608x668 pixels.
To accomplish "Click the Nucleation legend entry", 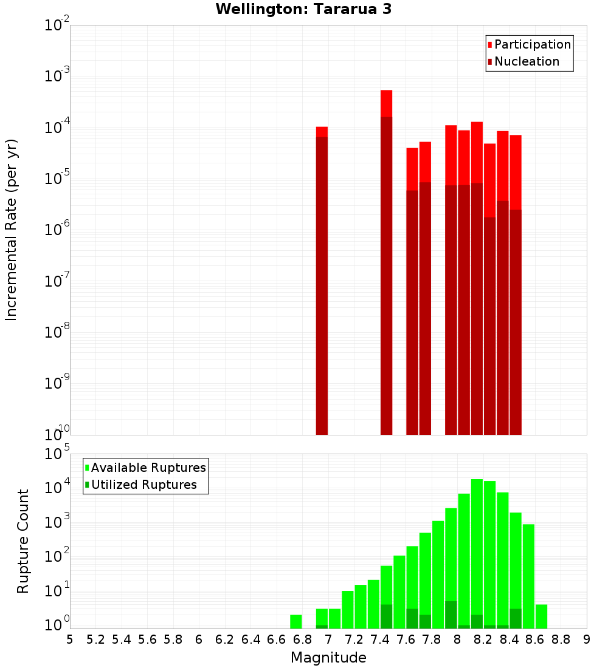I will click(x=527, y=61).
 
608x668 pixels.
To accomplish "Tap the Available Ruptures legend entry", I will click(x=148, y=468).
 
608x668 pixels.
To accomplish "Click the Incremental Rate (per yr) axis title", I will click(x=11, y=230).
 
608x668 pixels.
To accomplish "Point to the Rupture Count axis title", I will click(x=23, y=540).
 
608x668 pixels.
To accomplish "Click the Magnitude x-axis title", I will click(x=328, y=658).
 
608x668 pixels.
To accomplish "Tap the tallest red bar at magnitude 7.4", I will click(x=386, y=261).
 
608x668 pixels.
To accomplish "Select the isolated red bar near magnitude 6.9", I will click(x=322, y=279).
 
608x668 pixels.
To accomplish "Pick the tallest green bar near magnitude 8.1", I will click(x=477, y=553).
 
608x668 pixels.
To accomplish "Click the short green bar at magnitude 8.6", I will click(x=541, y=616).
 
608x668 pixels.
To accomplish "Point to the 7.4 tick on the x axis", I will click(x=380, y=639).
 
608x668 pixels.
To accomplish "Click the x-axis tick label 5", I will click(x=70, y=639).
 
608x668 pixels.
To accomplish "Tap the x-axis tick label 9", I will click(x=587, y=639).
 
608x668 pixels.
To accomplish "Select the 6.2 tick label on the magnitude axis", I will click(x=225, y=639).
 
